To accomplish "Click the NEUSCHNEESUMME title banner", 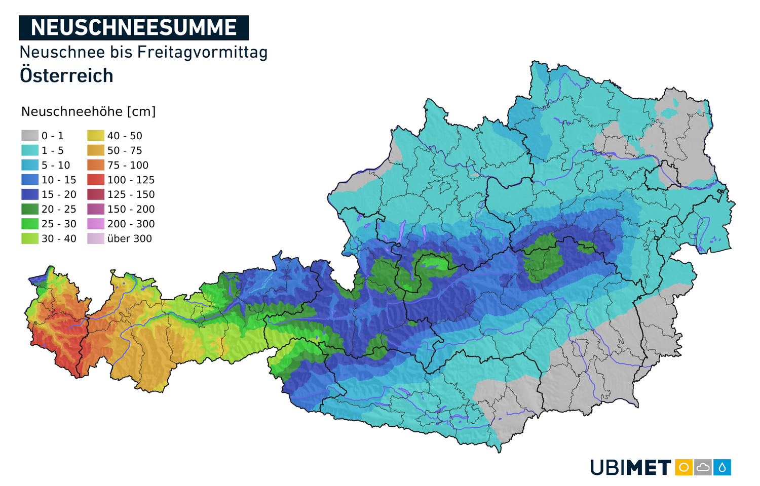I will click(x=134, y=28).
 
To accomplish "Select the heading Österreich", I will click(x=66, y=76).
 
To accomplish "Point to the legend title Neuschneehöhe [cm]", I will click(x=89, y=112).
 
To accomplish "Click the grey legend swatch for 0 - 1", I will click(x=30, y=136).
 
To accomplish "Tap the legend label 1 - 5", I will click(x=53, y=150).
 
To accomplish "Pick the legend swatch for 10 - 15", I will click(x=30, y=180).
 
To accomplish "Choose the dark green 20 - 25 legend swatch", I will click(x=30, y=209).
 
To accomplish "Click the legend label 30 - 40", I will click(x=59, y=238).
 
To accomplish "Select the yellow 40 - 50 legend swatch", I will click(x=96, y=136).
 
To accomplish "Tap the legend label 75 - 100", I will click(x=128, y=165).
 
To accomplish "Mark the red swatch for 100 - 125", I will click(x=96, y=180).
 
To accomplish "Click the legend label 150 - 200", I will click(x=131, y=209).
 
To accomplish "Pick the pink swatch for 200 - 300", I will click(x=96, y=224).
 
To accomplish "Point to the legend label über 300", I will click(x=129, y=238).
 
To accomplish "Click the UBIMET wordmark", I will click(x=631, y=467).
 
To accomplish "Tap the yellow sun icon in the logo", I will click(x=683, y=467).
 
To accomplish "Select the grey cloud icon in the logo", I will click(x=703, y=467).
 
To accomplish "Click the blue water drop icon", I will click(x=722, y=467).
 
